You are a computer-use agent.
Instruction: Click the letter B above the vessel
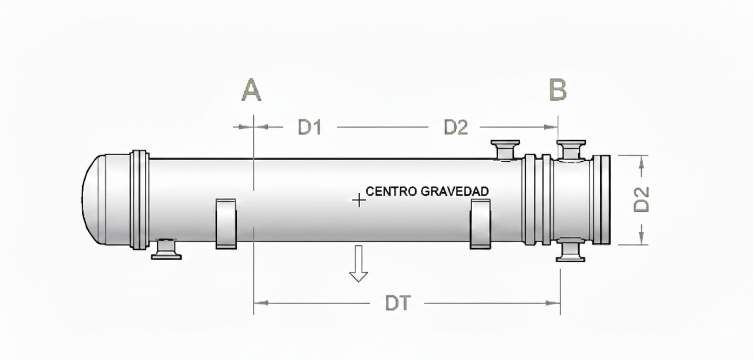pyautogui.click(x=558, y=90)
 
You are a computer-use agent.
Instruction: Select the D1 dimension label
pyautogui.click(x=309, y=127)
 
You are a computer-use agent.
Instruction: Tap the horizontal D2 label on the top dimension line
pyautogui.click(x=455, y=127)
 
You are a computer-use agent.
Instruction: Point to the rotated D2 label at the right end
pyautogui.click(x=641, y=199)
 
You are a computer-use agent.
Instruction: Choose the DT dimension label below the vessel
pyautogui.click(x=397, y=304)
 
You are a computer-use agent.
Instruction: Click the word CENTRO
pyautogui.click(x=391, y=191)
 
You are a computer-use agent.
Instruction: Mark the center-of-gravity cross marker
pyautogui.click(x=359, y=200)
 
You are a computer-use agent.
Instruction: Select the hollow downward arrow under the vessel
pyautogui.click(x=359, y=263)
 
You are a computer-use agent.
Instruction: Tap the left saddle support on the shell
pyautogui.click(x=226, y=223)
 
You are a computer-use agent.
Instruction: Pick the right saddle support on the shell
pyautogui.click(x=480, y=223)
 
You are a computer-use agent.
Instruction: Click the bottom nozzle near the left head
pyautogui.click(x=166, y=249)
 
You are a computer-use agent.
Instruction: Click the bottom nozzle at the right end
pyautogui.click(x=571, y=250)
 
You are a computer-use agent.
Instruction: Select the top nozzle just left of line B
pyautogui.click(x=505, y=149)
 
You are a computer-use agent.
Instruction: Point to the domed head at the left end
pyautogui.click(x=95, y=199)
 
